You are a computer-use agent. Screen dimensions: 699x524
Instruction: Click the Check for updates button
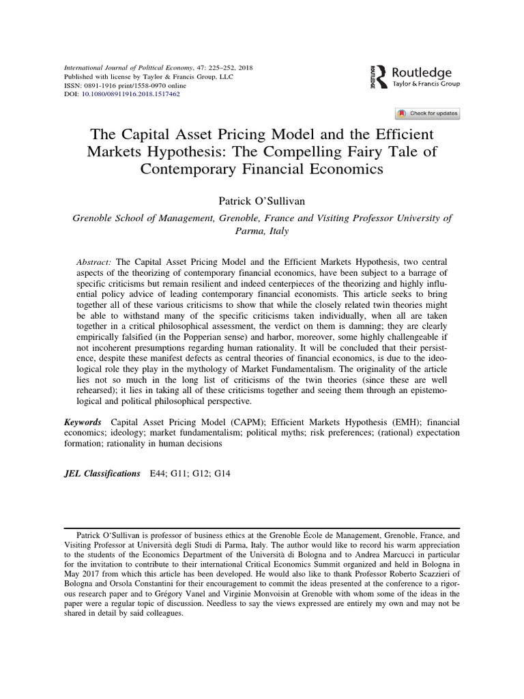click(427, 113)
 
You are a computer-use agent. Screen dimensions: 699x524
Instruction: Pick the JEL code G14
click(222, 472)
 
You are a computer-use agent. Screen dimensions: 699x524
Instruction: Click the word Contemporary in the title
click(189, 168)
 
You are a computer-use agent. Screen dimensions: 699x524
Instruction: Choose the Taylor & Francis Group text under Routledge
click(426, 83)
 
